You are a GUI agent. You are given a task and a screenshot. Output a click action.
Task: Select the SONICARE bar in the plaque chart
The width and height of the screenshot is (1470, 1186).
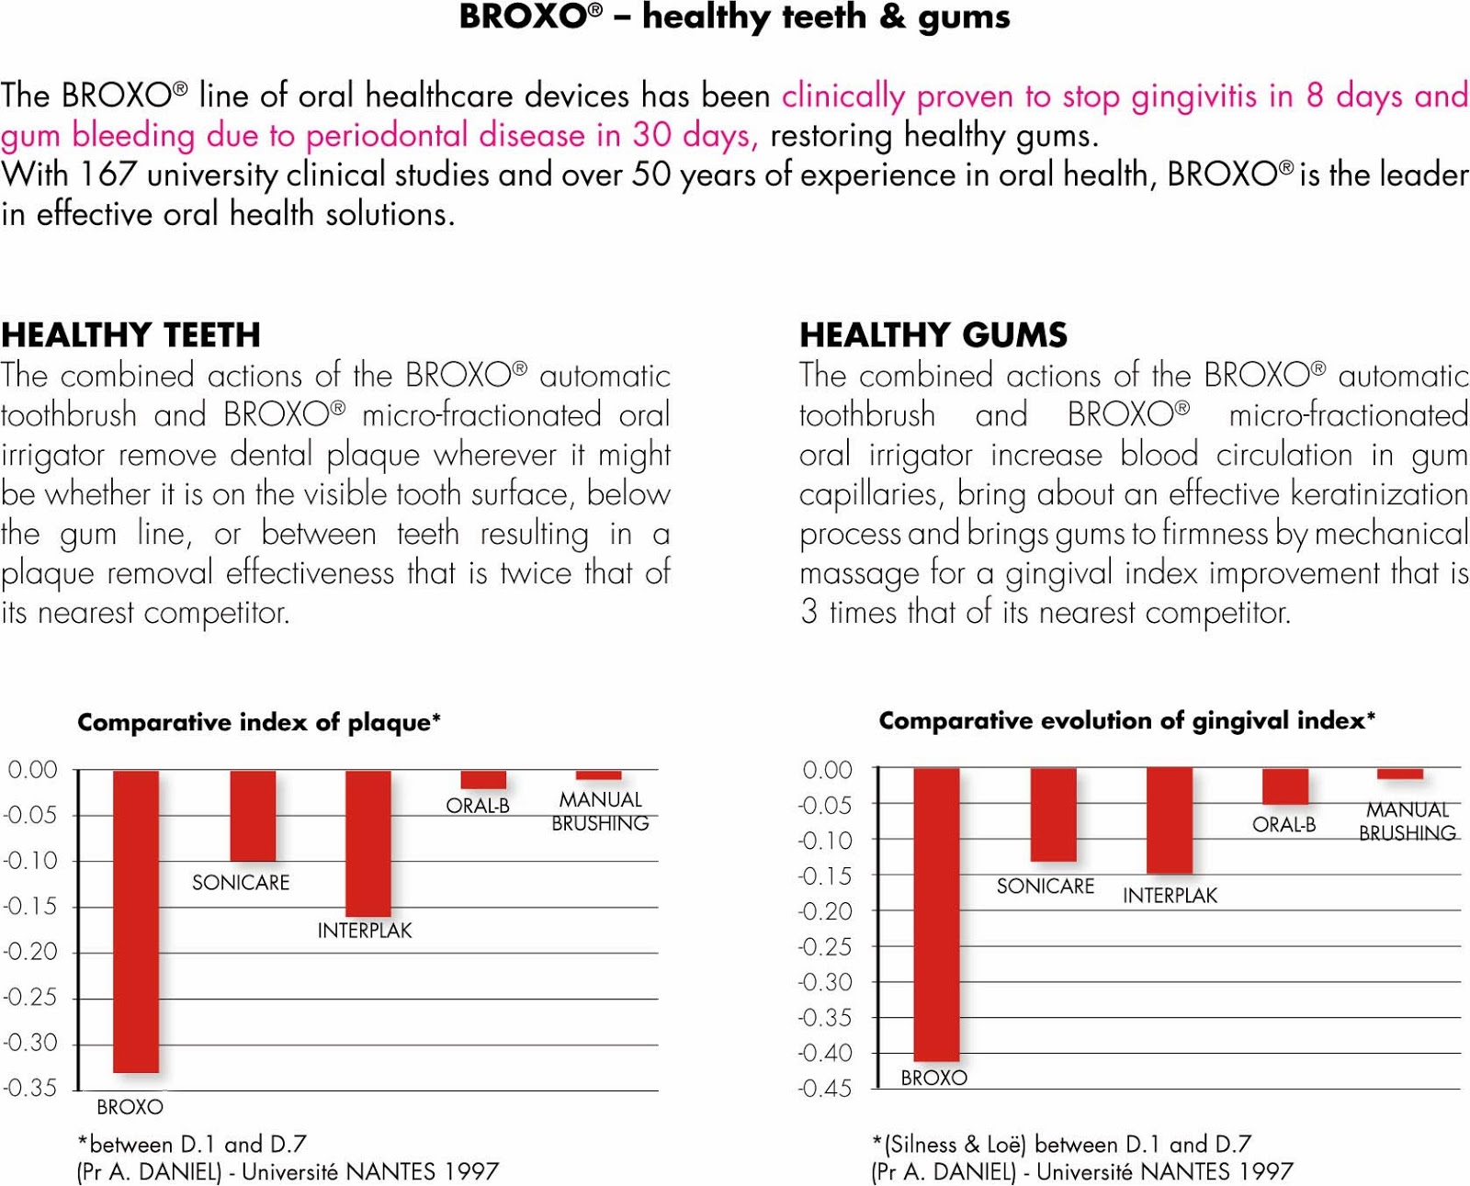click(x=253, y=815)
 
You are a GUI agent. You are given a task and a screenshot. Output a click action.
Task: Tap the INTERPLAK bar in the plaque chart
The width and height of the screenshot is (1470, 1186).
click(x=367, y=842)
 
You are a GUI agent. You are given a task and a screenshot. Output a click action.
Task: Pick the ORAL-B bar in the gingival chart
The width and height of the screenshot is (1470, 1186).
click(x=1285, y=785)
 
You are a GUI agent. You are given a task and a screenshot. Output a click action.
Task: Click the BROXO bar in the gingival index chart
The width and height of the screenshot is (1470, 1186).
click(x=936, y=913)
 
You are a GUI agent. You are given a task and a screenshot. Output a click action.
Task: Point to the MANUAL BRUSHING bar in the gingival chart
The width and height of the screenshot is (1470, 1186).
click(x=1400, y=774)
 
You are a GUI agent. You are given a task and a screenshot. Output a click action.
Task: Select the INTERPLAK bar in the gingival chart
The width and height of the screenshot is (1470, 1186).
click(x=1170, y=819)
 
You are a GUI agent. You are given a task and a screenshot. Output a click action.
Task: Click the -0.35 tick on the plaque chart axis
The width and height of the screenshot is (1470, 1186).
click(x=29, y=1089)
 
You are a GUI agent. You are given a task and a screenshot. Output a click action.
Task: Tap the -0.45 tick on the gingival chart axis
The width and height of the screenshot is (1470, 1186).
click(x=825, y=1090)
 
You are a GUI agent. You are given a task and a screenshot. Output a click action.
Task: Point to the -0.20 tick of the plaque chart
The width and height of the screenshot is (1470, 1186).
click(x=29, y=952)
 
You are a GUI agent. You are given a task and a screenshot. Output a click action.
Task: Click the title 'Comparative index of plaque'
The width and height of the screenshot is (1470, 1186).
click(x=258, y=722)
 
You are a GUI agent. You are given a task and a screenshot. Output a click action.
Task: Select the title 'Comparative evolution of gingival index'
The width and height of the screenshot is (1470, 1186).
click(x=1126, y=720)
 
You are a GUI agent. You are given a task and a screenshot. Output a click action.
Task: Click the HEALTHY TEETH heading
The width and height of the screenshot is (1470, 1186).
click(x=130, y=335)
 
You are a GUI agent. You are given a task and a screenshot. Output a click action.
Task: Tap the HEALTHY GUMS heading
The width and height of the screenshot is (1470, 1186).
click(x=933, y=335)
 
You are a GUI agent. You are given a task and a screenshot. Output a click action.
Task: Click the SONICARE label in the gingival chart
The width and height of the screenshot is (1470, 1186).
click(x=1045, y=887)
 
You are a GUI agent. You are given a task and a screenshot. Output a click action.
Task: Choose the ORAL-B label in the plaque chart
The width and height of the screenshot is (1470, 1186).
click(x=477, y=806)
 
